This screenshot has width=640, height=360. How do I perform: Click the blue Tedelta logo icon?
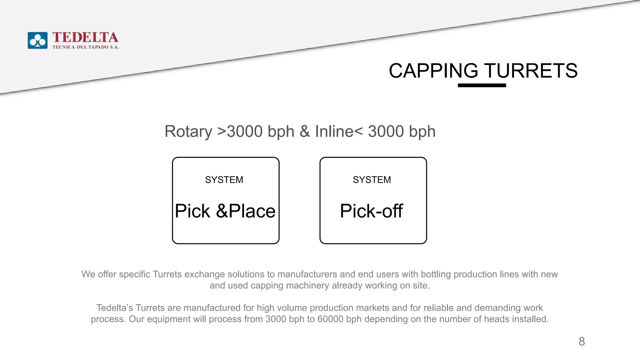[x=37, y=40]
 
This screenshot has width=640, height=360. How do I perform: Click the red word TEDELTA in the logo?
[x=85, y=37]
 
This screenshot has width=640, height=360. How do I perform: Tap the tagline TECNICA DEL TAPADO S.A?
[x=86, y=47]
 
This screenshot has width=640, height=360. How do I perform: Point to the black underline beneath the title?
[x=482, y=85]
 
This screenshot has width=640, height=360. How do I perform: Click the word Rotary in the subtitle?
[x=188, y=131]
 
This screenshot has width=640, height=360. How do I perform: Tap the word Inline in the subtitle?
[x=334, y=131]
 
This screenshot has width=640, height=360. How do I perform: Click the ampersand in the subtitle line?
[x=304, y=131]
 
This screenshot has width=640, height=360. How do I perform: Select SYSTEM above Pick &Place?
[x=224, y=180]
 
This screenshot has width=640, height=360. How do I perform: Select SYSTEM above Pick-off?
[x=372, y=180]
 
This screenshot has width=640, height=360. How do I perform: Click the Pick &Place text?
[x=225, y=211]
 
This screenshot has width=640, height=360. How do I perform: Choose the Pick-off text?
[x=371, y=211]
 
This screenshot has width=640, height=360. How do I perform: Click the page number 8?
[x=582, y=341]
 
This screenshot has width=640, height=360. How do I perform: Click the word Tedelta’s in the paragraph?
[x=115, y=308]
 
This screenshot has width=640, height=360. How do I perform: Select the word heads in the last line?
[x=497, y=319]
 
